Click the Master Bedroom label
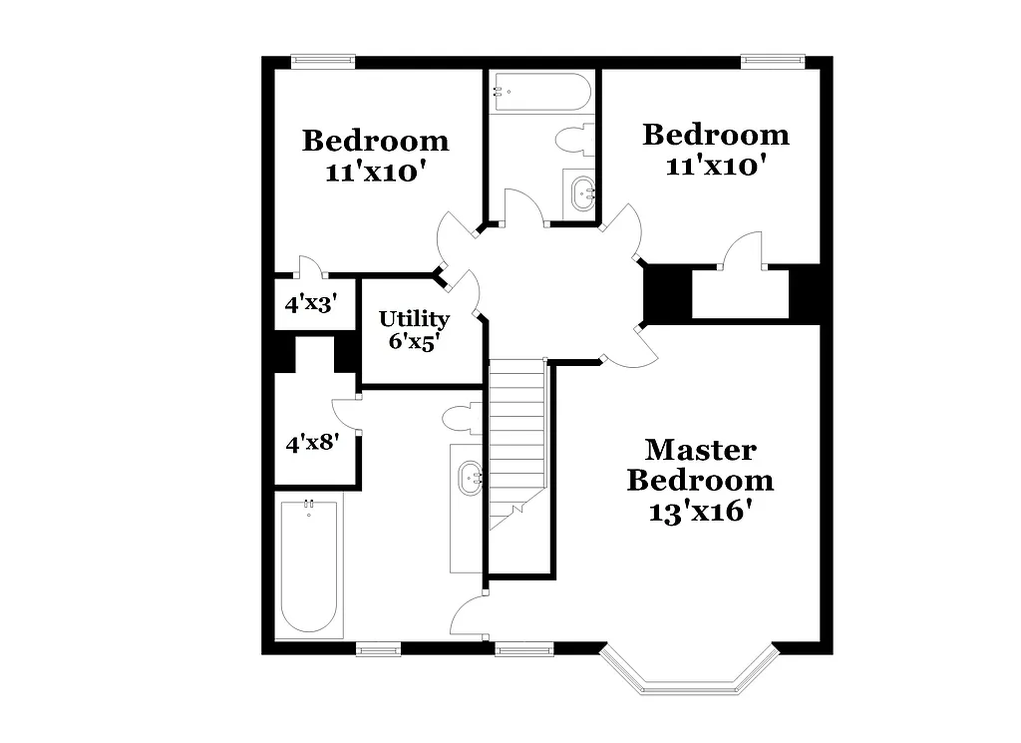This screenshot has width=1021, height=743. coord(700,465)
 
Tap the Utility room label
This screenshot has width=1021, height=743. coord(414,320)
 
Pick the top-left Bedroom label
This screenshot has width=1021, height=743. coord(375,141)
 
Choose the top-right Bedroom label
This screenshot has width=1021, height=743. coord(715,135)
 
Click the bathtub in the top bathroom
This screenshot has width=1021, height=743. coord(540,93)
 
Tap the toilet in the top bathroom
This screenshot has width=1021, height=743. coord(575,139)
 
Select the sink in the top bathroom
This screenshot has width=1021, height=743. coord(580,191)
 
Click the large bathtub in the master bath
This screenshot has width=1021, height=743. coord(308,565)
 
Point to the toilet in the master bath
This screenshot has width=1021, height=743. coord(463,417)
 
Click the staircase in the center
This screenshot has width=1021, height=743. coord(516,439)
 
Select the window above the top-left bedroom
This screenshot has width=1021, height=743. coord(322,62)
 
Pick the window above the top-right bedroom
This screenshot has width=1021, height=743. coord(772,62)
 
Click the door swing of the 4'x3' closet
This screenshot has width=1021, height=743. coord(310,266)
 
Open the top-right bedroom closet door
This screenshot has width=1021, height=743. coord(743,250)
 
